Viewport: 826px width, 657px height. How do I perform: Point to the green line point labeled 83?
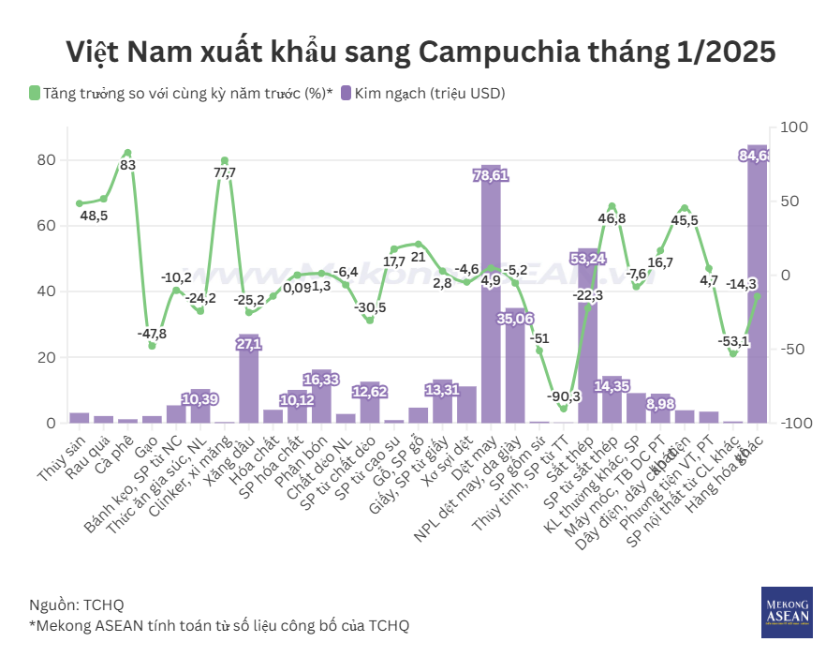click(x=127, y=153)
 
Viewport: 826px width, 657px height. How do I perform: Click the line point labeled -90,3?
click(x=563, y=409)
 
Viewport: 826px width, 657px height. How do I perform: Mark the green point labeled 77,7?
click(x=225, y=160)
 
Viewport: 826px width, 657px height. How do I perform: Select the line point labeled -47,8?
click(x=152, y=346)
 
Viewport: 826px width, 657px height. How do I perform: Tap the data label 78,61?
click(x=491, y=175)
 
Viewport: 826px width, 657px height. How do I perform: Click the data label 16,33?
click(x=321, y=381)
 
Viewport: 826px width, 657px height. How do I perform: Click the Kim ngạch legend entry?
click(x=423, y=93)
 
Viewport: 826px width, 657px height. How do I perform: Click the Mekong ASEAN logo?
click(x=786, y=612)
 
